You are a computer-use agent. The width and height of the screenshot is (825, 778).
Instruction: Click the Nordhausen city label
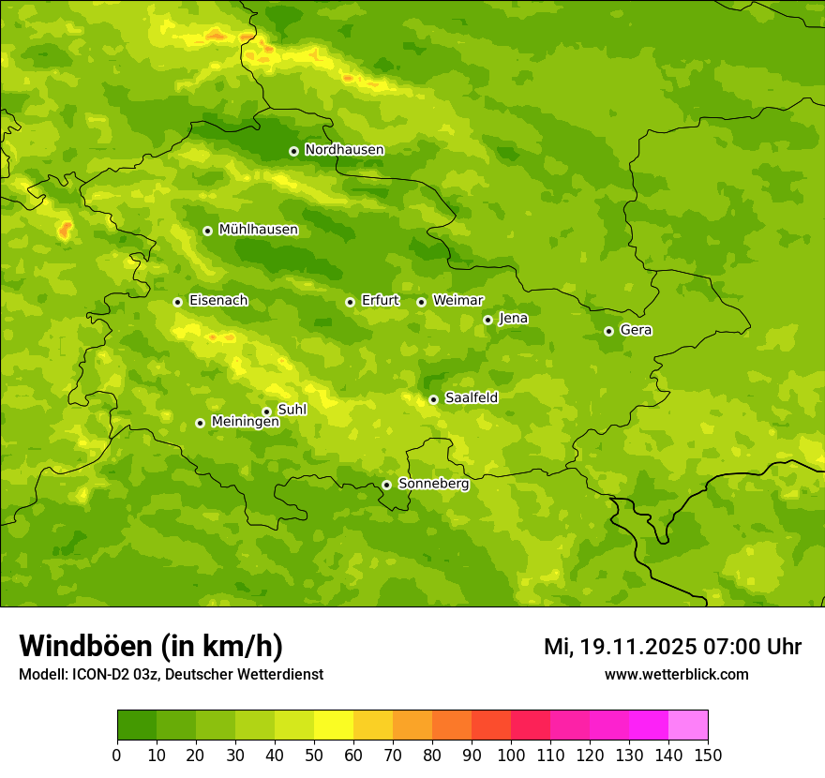click(344, 150)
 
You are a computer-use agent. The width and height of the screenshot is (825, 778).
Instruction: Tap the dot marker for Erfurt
click(350, 302)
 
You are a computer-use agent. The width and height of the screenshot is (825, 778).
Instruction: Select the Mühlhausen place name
click(258, 230)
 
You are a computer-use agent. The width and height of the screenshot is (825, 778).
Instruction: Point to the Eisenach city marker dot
click(177, 302)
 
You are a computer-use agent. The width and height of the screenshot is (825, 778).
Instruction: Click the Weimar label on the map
click(457, 301)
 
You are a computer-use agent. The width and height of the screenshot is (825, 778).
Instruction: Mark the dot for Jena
click(487, 320)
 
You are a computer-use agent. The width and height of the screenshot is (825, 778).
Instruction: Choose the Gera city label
click(636, 330)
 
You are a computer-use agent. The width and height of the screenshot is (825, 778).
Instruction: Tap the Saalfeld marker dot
click(433, 399)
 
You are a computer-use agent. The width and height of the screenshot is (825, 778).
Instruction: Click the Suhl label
click(292, 410)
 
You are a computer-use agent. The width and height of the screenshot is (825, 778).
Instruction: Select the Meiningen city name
click(245, 422)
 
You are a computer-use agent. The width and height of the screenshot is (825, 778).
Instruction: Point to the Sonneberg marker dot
click(386, 485)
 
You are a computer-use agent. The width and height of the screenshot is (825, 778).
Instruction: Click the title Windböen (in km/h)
click(151, 646)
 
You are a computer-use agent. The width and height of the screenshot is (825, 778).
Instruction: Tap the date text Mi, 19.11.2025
click(619, 647)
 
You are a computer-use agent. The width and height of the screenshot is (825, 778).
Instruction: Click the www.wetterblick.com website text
click(676, 674)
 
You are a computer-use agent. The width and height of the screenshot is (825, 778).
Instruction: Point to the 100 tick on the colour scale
click(511, 755)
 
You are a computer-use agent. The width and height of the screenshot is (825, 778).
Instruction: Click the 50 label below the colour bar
click(314, 755)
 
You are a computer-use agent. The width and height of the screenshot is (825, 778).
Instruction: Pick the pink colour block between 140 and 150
click(688, 726)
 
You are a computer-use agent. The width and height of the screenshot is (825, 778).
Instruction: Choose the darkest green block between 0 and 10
click(137, 726)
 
